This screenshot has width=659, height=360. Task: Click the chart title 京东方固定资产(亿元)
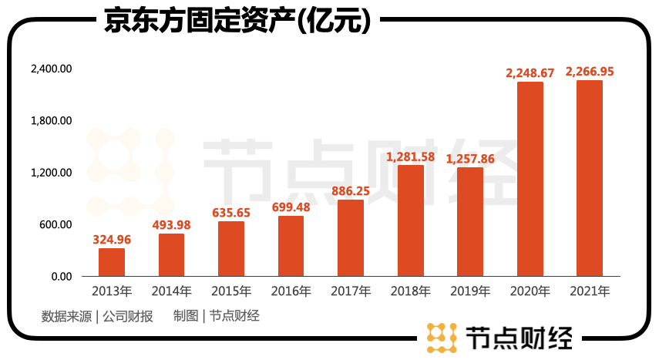[x=237, y=21]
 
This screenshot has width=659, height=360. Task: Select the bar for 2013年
[x=112, y=262]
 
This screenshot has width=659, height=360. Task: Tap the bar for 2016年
[x=291, y=246]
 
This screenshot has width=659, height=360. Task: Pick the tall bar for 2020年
[x=530, y=179]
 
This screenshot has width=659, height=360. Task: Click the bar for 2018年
[x=410, y=220]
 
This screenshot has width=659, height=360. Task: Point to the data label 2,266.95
[x=590, y=72]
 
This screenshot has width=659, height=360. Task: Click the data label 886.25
[x=351, y=190]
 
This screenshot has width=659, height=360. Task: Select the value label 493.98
[x=171, y=224]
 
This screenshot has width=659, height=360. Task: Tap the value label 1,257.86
[x=470, y=158]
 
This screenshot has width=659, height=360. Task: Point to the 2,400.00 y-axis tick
[x=51, y=69]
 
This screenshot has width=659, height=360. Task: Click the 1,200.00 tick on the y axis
[x=51, y=173]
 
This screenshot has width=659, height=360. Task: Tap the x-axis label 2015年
[x=231, y=291]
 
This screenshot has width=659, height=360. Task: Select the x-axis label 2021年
[x=590, y=291]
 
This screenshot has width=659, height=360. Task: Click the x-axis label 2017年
[x=351, y=291]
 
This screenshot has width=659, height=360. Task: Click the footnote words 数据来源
[x=66, y=316]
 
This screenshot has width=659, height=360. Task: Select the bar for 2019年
[x=470, y=221]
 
